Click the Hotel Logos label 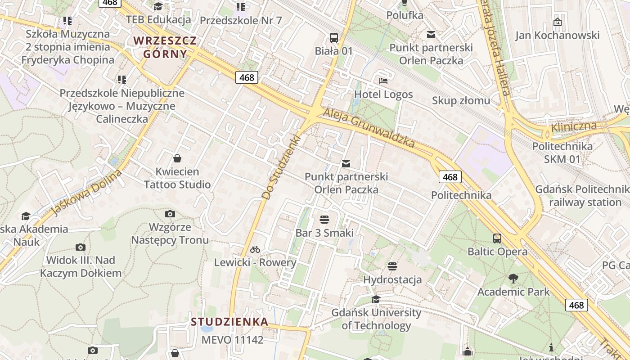[x=383, y=94]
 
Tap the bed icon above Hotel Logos [x=383, y=81]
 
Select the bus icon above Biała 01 [x=333, y=38]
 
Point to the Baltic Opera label [x=497, y=251]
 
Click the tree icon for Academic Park [x=513, y=279]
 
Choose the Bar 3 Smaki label [x=324, y=233]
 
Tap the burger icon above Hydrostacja [x=392, y=266]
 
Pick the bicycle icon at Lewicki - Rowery [x=255, y=249]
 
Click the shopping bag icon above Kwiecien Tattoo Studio [x=177, y=158]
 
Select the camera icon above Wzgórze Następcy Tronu [x=170, y=214]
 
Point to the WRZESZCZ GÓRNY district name [x=165, y=47]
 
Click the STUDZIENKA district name [x=229, y=322]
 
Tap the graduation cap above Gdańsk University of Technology [x=376, y=300]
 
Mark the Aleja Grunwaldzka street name [x=369, y=128]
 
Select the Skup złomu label [x=461, y=100]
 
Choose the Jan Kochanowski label [x=557, y=35]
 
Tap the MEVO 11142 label [x=232, y=339]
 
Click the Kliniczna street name [x=573, y=127]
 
